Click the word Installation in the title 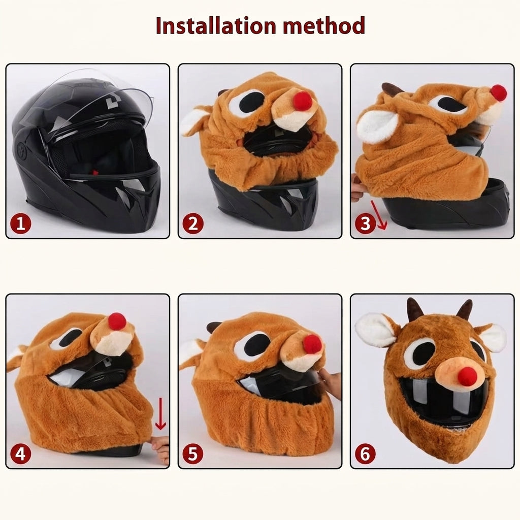point(215,25)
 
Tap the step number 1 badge point(20,223)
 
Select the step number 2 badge point(192,223)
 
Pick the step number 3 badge point(365,223)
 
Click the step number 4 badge point(20,453)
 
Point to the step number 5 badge point(192,453)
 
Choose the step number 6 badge point(365,453)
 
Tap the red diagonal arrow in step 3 point(379,215)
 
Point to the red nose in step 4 point(117,321)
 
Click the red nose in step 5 point(312,344)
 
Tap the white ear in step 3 point(377,126)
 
